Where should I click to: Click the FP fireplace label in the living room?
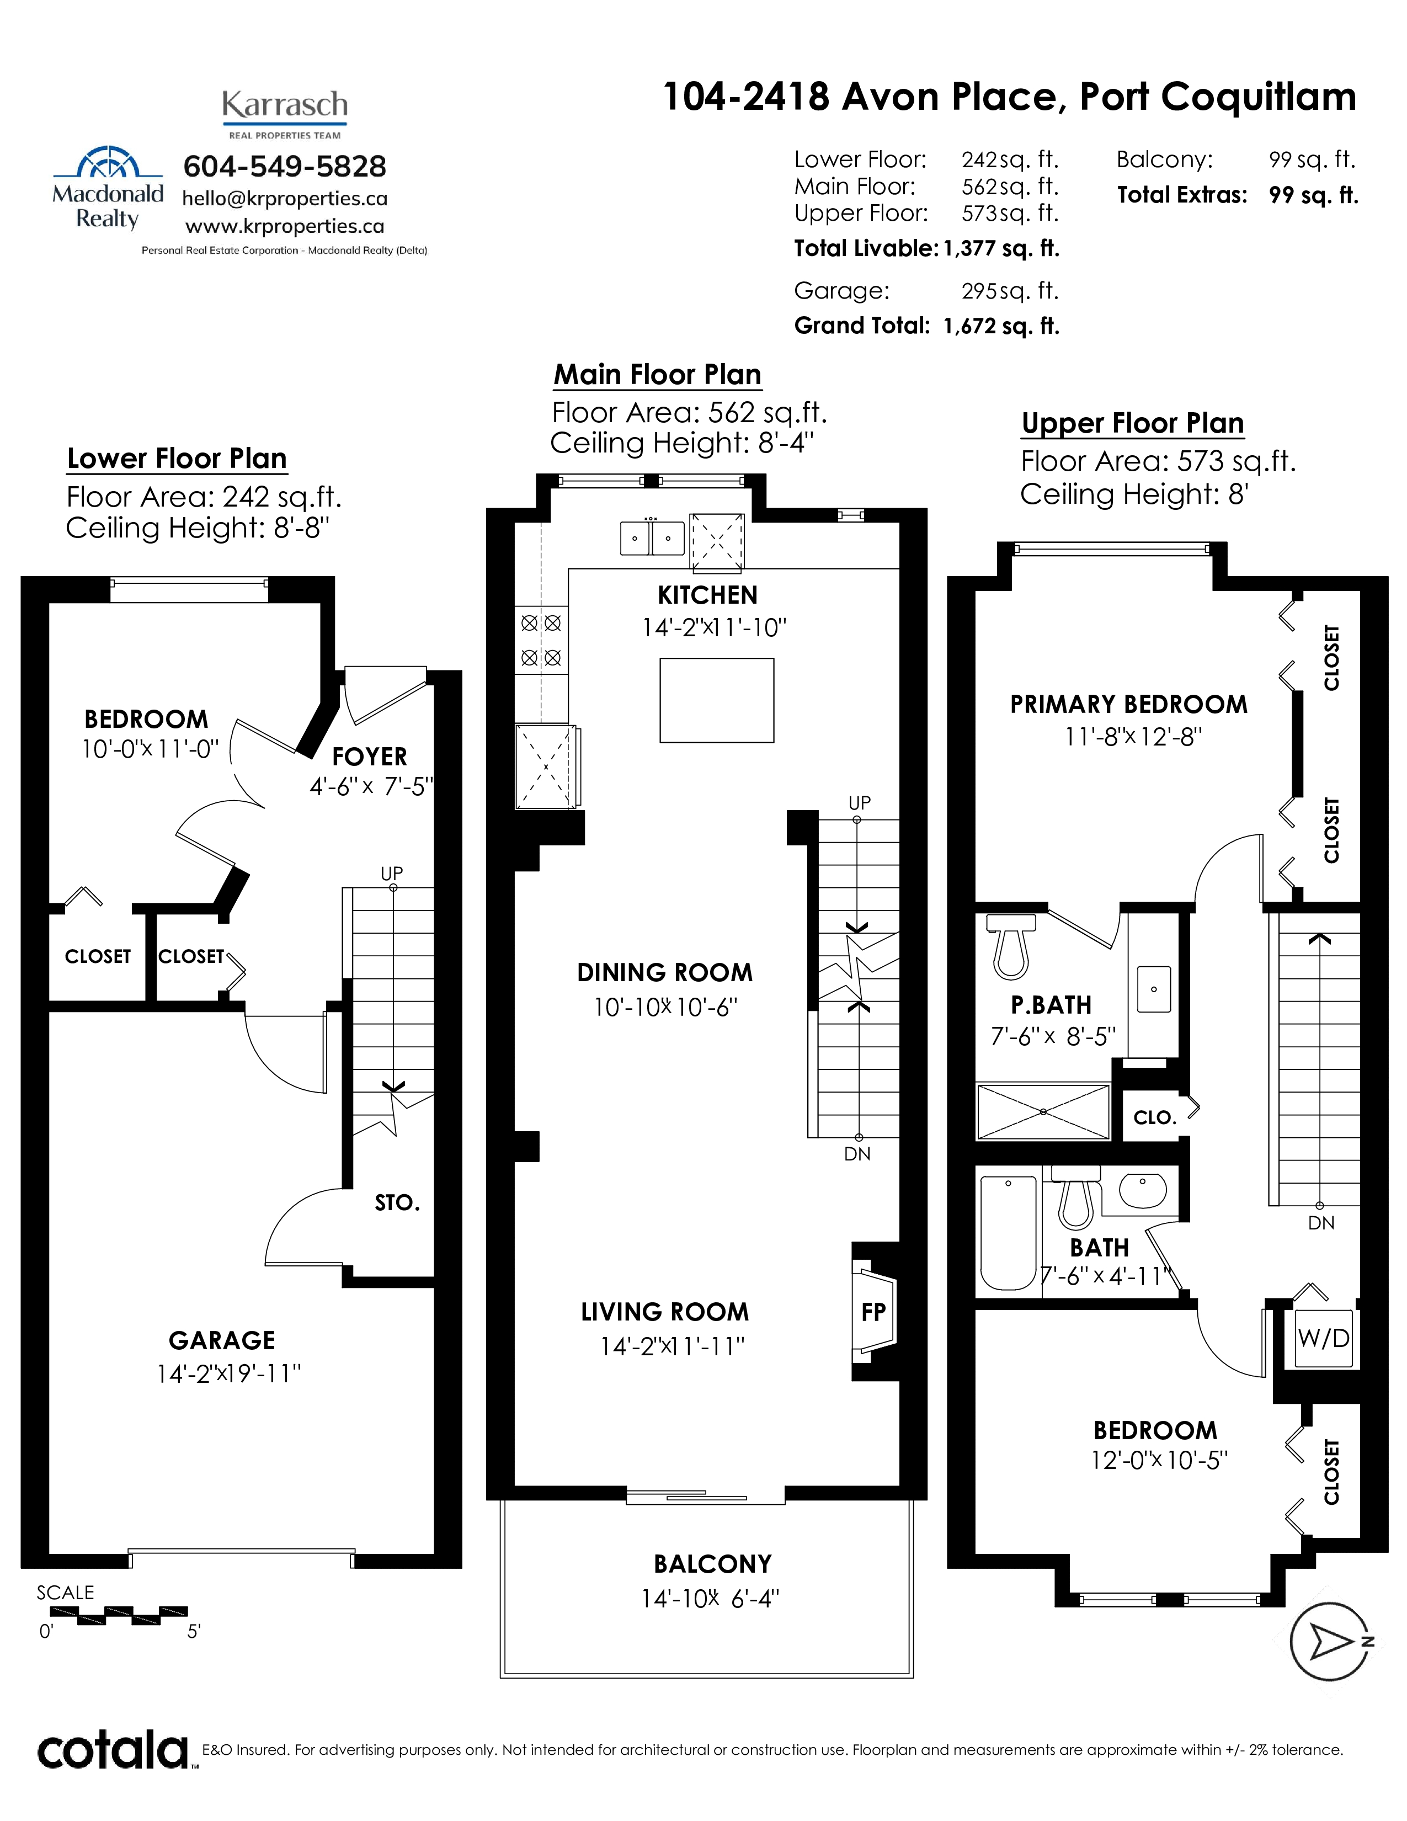873,1312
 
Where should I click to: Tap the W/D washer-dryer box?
1323,1338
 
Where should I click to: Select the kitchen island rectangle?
717,700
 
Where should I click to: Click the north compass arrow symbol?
1331,1642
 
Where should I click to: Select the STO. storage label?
397,1202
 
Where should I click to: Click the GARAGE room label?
222,1340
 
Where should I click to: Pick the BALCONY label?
713,1563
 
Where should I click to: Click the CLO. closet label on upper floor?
1154,1117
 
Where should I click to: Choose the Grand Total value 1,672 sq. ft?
1001,326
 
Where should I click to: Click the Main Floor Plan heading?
658,374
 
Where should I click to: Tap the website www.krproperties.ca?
284,226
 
